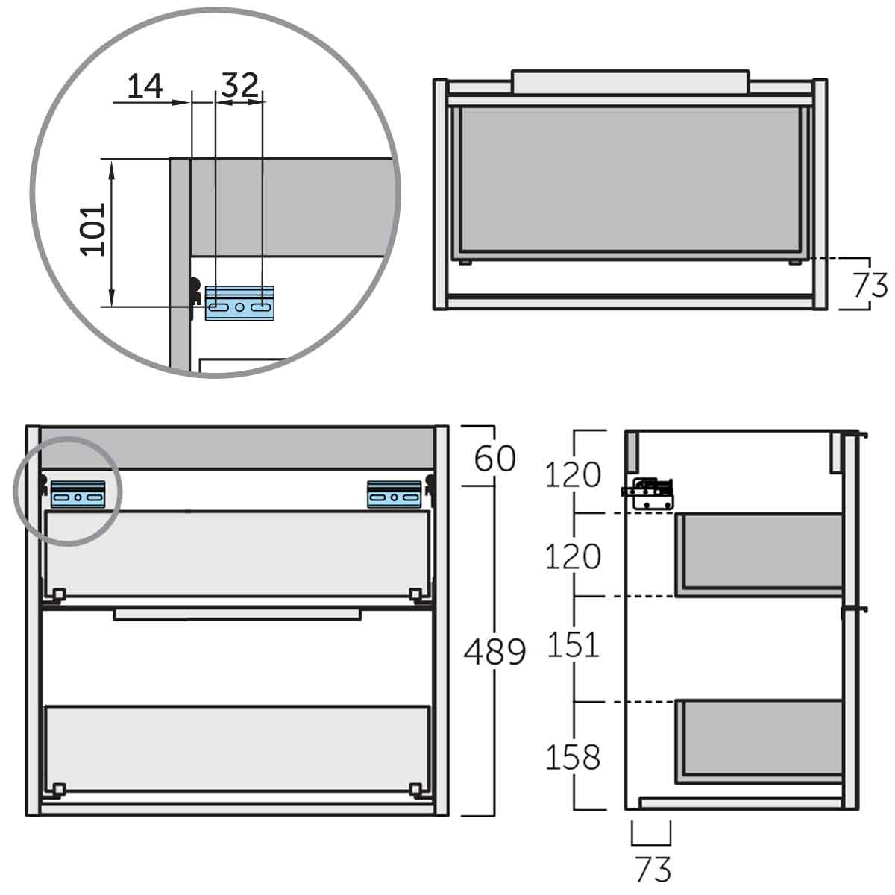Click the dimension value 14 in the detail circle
click(x=145, y=87)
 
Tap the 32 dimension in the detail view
click(x=239, y=86)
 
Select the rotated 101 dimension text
click(x=94, y=229)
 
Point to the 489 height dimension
click(x=494, y=652)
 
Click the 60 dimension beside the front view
click(x=494, y=458)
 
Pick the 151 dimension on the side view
click(x=573, y=645)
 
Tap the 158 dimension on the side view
click(x=573, y=757)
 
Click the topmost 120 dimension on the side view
click(x=573, y=474)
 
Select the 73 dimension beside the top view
click(x=869, y=286)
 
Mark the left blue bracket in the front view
click(x=78, y=494)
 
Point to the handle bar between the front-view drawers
click(x=237, y=614)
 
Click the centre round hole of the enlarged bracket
click(x=239, y=307)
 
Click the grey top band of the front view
click(x=237, y=447)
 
